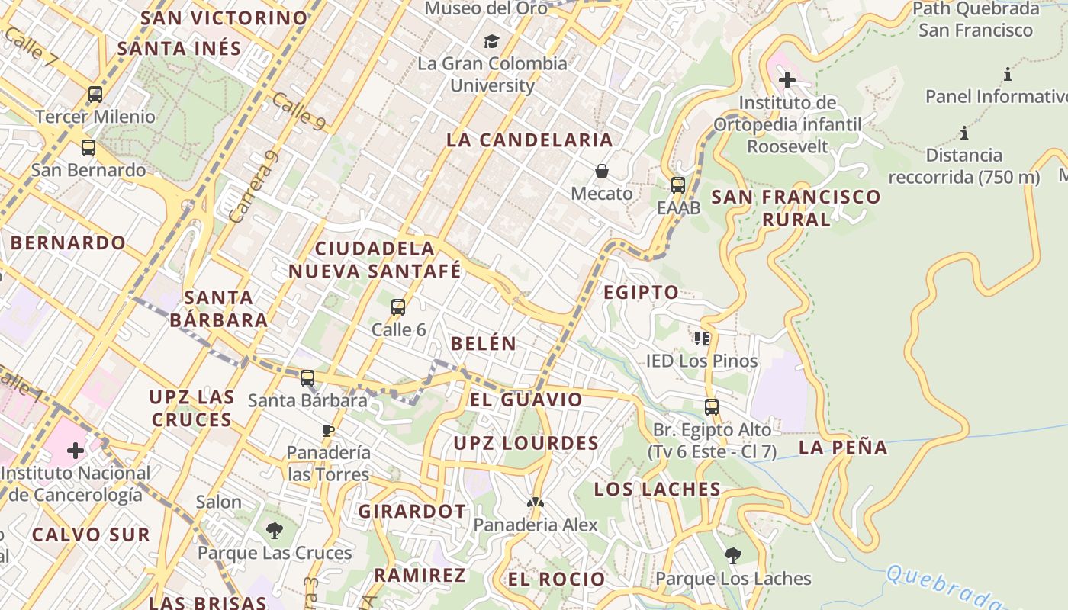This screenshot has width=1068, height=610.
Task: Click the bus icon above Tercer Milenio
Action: (95, 95)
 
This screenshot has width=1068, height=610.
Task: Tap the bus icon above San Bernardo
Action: (88, 148)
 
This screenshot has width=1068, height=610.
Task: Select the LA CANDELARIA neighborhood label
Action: (529, 140)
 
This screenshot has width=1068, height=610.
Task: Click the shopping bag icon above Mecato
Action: (602, 171)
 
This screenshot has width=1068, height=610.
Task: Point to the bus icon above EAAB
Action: (678, 185)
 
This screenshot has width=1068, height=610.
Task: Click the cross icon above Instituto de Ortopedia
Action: (787, 79)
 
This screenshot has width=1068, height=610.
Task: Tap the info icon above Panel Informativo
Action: (1008, 75)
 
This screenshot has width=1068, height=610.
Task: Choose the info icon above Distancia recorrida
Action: (964, 133)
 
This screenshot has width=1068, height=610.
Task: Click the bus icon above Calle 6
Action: (398, 307)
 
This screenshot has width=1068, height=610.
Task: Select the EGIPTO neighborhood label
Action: (641, 292)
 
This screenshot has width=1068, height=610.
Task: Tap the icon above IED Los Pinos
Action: (702, 338)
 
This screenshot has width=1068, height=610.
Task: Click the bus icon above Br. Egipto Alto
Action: (712, 407)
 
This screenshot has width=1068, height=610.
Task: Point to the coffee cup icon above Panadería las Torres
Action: (328, 430)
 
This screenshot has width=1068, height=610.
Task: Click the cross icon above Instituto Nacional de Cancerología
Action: (76, 451)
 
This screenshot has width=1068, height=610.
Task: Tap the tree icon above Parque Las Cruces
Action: (275, 530)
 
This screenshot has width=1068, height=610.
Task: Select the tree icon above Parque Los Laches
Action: (733, 556)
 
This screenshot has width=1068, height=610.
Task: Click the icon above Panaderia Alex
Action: (536, 502)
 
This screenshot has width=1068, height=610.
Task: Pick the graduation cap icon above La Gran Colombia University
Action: (492, 41)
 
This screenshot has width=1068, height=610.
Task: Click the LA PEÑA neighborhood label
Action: (843, 448)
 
